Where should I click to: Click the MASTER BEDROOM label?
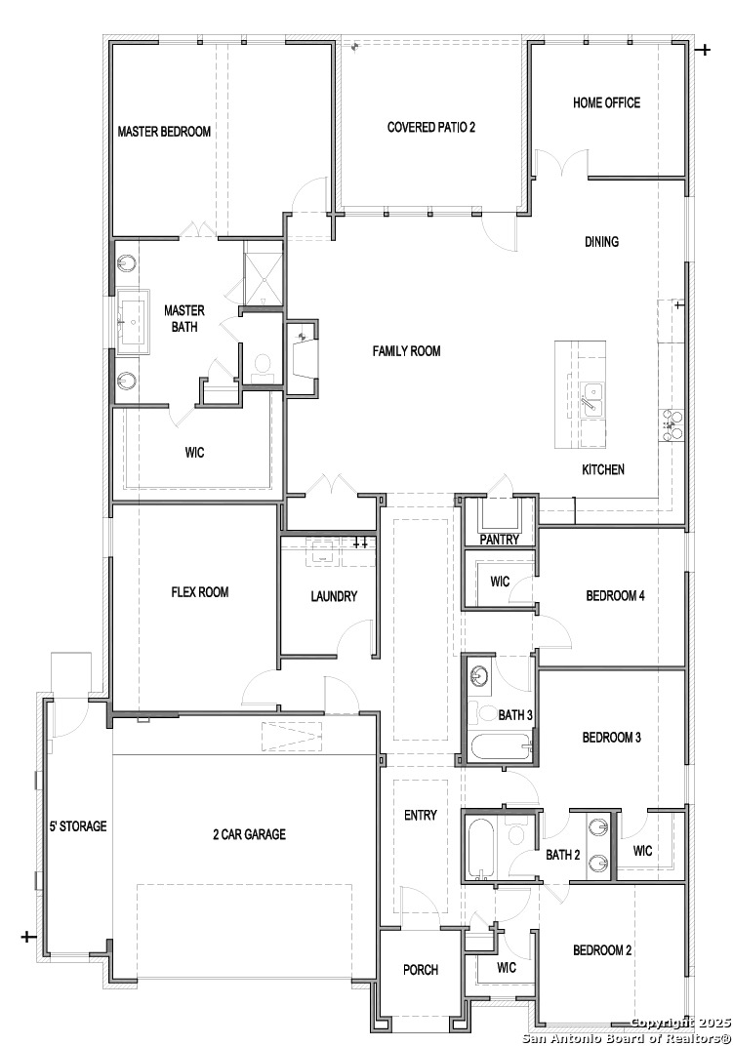pyautogui.click(x=164, y=132)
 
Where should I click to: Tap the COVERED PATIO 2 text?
pyautogui.click(x=431, y=127)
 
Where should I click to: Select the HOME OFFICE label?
pyautogui.click(x=606, y=102)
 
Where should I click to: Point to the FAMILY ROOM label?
pyautogui.click(x=406, y=351)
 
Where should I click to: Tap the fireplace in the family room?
pyautogui.click(x=302, y=357)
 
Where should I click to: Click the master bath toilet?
pyautogui.click(x=261, y=366)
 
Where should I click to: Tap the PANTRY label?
pyautogui.click(x=499, y=540)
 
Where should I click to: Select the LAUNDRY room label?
pyautogui.click(x=334, y=597)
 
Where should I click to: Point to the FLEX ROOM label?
pyautogui.click(x=200, y=592)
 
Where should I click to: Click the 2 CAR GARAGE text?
pyautogui.click(x=249, y=834)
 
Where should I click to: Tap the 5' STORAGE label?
pyautogui.click(x=78, y=826)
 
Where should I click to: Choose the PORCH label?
pyautogui.click(x=421, y=970)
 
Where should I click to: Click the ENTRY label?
pyautogui.click(x=421, y=816)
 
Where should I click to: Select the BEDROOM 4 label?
pyautogui.click(x=615, y=596)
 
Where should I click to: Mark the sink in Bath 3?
pyautogui.click(x=480, y=675)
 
